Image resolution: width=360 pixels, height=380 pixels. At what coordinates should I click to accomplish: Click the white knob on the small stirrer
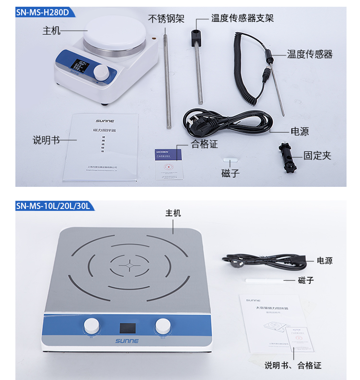click(x=101, y=73)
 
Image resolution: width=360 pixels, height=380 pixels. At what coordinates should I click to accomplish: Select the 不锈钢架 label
click(x=165, y=19)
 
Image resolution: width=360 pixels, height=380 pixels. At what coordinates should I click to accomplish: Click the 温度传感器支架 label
click(x=242, y=19)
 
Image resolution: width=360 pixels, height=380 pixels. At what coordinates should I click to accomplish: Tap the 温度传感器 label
click(x=310, y=54)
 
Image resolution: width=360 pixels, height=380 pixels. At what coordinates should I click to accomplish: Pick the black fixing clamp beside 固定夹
click(x=288, y=156)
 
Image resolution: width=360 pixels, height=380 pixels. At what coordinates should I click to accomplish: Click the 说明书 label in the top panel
click(x=46, y=140)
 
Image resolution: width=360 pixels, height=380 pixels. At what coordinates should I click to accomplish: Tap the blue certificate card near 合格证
click(x=168, y=155)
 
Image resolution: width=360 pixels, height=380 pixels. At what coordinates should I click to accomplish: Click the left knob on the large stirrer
click(x=91, y=326)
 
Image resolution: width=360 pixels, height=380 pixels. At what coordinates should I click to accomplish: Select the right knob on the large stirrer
click(x=162, y=326)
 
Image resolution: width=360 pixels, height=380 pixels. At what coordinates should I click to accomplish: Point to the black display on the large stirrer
click(x=127, y=328)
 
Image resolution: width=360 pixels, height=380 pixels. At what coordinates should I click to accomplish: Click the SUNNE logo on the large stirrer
click(x=127, y=341)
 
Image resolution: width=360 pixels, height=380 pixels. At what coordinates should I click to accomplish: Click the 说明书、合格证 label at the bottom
click(x=293, y=366)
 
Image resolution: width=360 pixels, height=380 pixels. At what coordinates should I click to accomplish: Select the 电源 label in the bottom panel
click(x=324, y=261)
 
